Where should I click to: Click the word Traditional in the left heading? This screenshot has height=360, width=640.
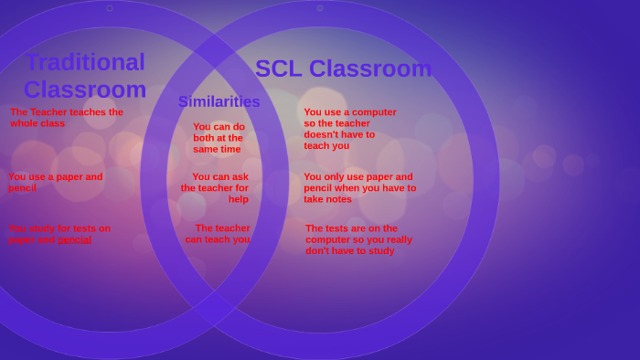tap(85, 62)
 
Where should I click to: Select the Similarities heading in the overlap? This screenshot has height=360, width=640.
tap(219, 101)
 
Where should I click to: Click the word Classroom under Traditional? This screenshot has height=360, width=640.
tap(85, 90)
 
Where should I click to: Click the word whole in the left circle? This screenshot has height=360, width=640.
tap(25, 123)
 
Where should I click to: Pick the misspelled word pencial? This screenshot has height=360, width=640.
tap(74, 239)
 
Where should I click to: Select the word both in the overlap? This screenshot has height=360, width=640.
tap(204, 138)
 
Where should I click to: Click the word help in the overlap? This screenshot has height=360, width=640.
tap(238, 199)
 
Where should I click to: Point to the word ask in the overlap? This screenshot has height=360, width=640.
tap(240, 176)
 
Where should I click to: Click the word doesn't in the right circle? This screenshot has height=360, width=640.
tap(323, 134)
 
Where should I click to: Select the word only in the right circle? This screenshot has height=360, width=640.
tap(337, 176)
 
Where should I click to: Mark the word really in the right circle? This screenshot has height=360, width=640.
tap(394, 239)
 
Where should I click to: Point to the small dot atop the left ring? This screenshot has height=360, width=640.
tap(110, 8)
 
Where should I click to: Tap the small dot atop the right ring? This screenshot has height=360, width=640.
tap(319, 8)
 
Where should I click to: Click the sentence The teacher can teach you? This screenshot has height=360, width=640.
tap(219, 234)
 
